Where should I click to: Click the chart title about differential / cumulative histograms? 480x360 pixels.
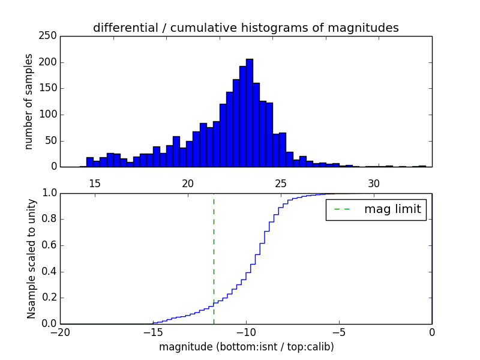coord(245,28)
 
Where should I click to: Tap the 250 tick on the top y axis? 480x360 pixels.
coord(50,36)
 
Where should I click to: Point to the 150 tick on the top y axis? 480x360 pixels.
coord(50,88)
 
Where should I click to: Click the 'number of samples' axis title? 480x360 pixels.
coord(29,101)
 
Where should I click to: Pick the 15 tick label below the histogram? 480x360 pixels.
coord(95,183)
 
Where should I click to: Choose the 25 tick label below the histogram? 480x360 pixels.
coord(281,183)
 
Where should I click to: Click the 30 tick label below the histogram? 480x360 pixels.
coord(374,183)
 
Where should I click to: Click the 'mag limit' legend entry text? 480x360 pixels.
coord(392,209)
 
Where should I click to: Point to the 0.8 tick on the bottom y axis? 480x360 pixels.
coord(50,219)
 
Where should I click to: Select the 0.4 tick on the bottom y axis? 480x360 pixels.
coord(50,271)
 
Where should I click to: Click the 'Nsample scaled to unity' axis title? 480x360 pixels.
coord(31,258)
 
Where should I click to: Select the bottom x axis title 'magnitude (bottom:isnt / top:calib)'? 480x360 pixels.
coord(246,347)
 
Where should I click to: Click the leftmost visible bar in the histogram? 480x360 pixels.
coord(89,162)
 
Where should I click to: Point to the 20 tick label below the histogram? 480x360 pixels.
coord(188,183)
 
